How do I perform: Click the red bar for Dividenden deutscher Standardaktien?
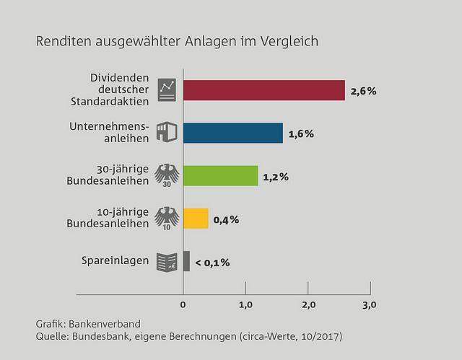pyautogui.click(x=263, y=90)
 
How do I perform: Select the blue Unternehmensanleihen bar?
pyautogui.click(x=232, y=133)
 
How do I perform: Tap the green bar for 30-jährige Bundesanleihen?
pyautogui.click(x=220, y=175)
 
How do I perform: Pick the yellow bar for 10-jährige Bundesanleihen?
pyautogui.click(x=196, y=218)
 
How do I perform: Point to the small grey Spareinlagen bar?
pyautogui.click(x=186, y=260)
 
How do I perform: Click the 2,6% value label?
pyautogui.click(x=363, y=92)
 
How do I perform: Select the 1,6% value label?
pyautogui.click(x=301, y=134)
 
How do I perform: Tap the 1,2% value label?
pyautogui.click(x=276, y=177)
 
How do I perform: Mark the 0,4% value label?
pyautogui.click(x=227, y=219)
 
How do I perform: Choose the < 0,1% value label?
pyautogui.click(x=212, y=262)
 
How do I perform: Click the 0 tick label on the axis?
pyautogui.click(x=183, y=305)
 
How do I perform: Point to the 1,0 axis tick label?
pyautogui.click(x=245, y=305)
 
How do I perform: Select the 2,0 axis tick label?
pyautogui.click(x=308, y=305)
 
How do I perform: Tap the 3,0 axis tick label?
pyautogui.click(x=370, y=305)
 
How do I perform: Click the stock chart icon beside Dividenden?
pyautogui.click(x=167, y=89)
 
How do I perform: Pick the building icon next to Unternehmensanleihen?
pyautogui.click(x=167, y=133)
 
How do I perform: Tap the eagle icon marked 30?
pyautogui.click(x=167, y=175)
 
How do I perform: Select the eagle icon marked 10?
pyautogui.click(x=167, y=218)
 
